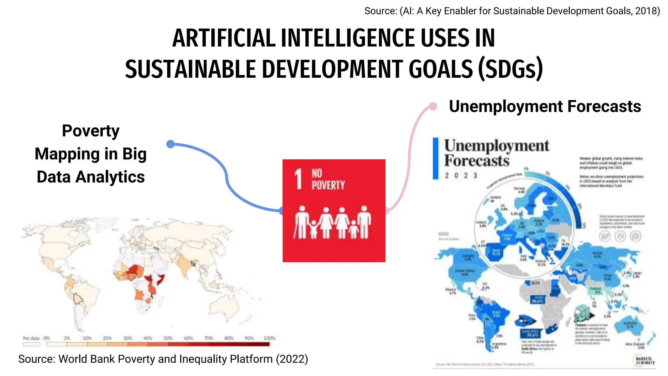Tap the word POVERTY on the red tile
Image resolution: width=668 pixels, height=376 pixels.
point(328,185)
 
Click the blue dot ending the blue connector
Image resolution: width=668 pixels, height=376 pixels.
point(170,144)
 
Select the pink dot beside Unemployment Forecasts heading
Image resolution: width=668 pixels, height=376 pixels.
point(433,106)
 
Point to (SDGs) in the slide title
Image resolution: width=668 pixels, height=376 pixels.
point(510,69)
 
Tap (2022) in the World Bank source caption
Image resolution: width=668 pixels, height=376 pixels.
point(292,359)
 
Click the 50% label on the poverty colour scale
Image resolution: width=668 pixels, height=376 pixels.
point(168,338)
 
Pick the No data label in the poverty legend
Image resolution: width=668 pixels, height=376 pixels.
point(31,338)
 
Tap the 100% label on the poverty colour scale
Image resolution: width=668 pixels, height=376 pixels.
point(269,338)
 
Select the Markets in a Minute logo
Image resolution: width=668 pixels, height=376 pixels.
point(645,361)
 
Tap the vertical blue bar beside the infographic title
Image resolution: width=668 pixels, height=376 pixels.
point(435,158)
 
